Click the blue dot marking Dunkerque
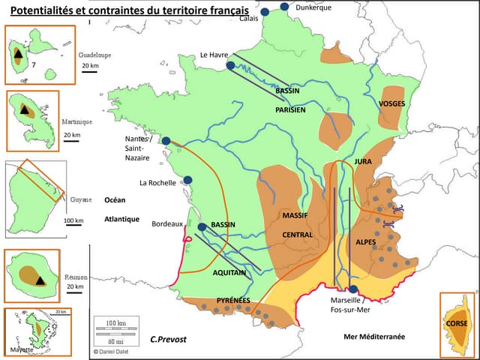(x=284, y=7)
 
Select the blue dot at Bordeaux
(x=202, y=226)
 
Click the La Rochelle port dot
(x=188, y=180)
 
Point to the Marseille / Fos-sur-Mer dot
(x=352, y=289)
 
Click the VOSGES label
(x=392, y=103)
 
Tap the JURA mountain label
(x=363, y=161)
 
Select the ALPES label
(x=366, y=242)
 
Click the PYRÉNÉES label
(x=233, y=300)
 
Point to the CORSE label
(x=457, y=323)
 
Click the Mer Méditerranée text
(x=373, y=337)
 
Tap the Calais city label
(x=249, y=19)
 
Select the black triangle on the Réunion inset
(x=40, y=280)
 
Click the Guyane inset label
(x=80, y=199)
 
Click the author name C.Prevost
(x=168, y=339)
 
